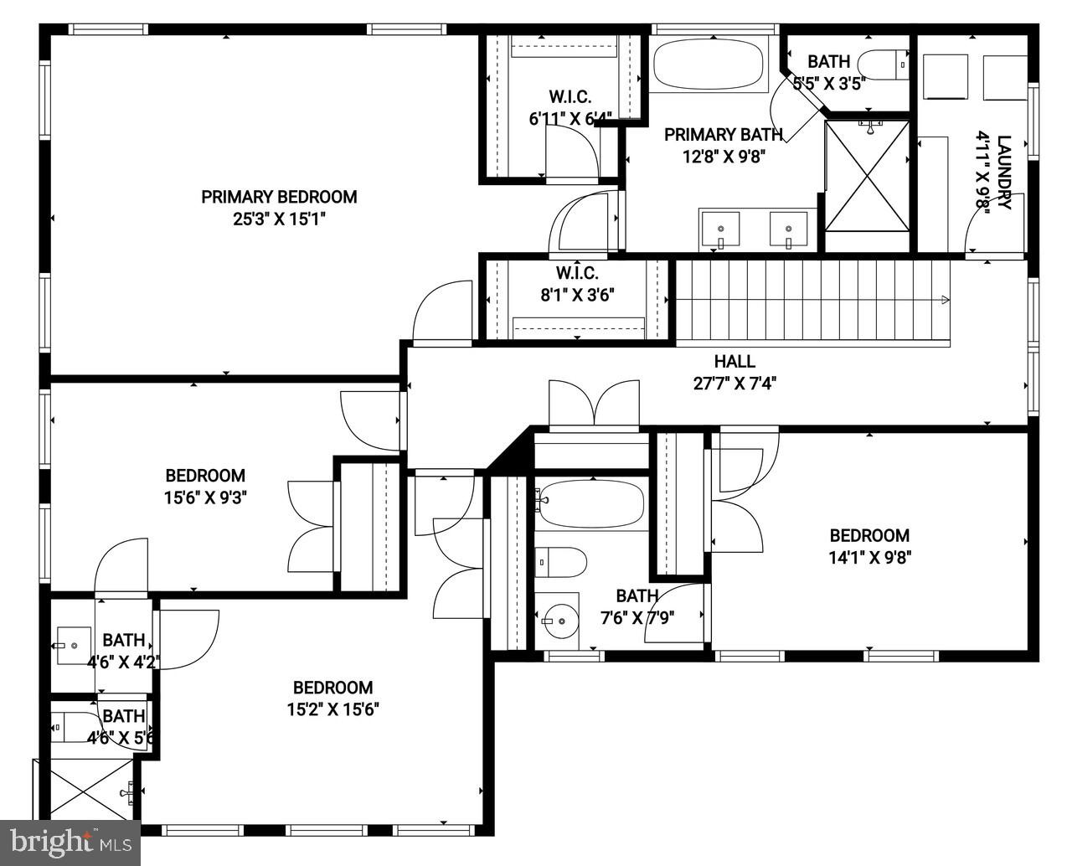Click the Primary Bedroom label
coord(279,197)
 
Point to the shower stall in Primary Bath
coord(867,175)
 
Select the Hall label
coord(735,362)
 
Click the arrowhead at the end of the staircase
coord(946,300)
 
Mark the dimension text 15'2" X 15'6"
coord(332,710)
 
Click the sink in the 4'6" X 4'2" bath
coord(73,646)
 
